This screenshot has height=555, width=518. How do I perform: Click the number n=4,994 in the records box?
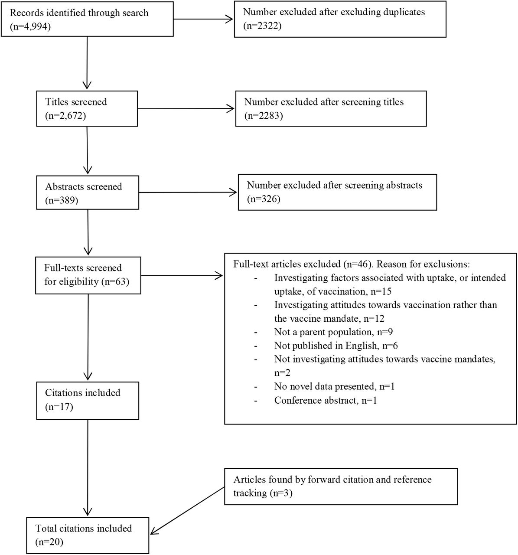coord(30,27)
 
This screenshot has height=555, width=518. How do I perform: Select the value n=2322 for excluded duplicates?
coord(262,26)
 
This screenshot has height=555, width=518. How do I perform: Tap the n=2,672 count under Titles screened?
coord(65,115)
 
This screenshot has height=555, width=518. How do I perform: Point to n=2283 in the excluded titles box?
coord(263,115)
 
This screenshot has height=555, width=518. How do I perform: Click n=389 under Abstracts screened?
coord(62,200)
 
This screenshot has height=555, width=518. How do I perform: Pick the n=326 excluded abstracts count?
coord(263,199)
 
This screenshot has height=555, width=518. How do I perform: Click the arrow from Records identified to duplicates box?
coord(203,19)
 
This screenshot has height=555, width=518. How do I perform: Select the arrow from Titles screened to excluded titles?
coord(186,109)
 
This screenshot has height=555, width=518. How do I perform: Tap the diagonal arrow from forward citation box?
coord(187,511)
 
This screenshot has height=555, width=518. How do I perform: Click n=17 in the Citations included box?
coord(59,407)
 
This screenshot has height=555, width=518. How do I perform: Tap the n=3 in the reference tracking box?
coord(281,493)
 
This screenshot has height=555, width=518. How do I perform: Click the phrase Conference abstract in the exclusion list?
coord(316,400)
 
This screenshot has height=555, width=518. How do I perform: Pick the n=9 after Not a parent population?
coord(385,332)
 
